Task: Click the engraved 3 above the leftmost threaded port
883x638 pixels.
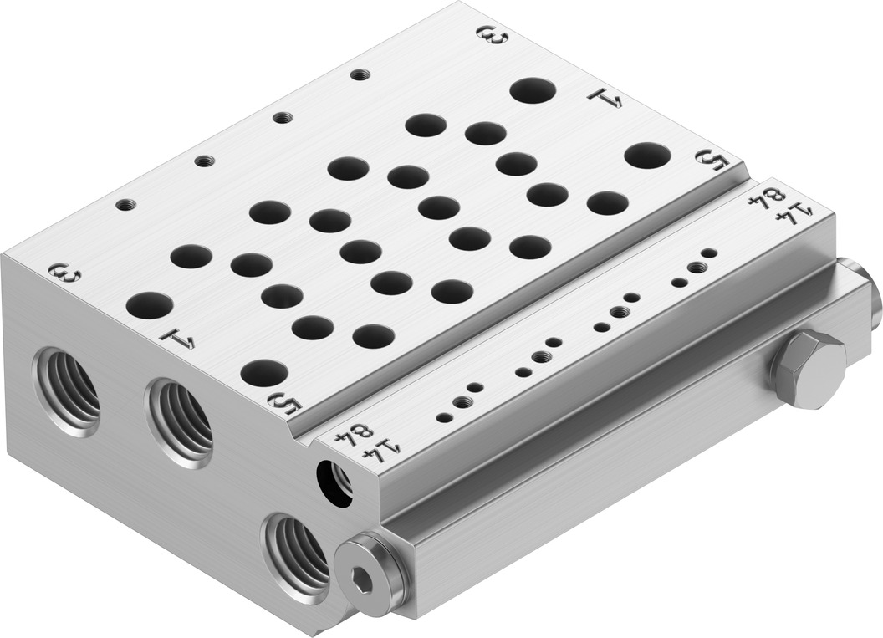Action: click(65, 274)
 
